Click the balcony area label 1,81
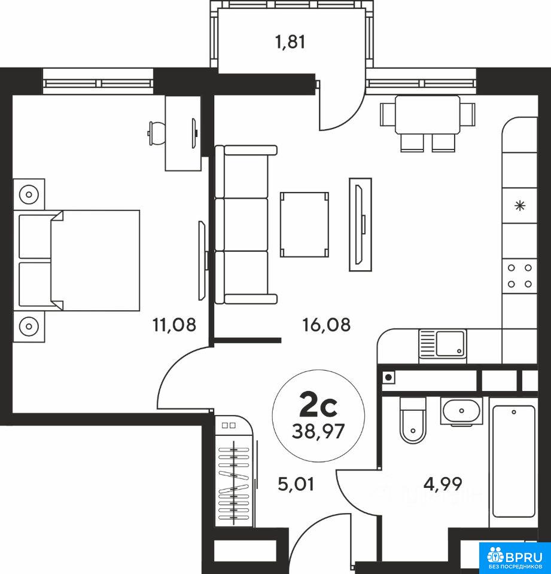tap(290, 42)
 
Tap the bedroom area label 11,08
tap(174, 325)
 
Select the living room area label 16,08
tap(327, 325)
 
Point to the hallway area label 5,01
tap(296, 485)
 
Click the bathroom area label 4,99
tap(443, 484)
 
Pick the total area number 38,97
tap(318, 432)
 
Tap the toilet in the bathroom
tap(413, 420)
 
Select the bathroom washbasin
tap(461, 411)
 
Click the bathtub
tap(514, 461)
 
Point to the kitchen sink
tap(443, 343)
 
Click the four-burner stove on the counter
tap(519, 276)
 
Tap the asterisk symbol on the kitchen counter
tap(520, 206)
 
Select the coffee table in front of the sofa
tap(304, 224)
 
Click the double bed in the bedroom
tap(77, 260)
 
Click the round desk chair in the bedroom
tap(156, 133)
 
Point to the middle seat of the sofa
tap(242, 224)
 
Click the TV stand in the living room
tap(361, 224)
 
